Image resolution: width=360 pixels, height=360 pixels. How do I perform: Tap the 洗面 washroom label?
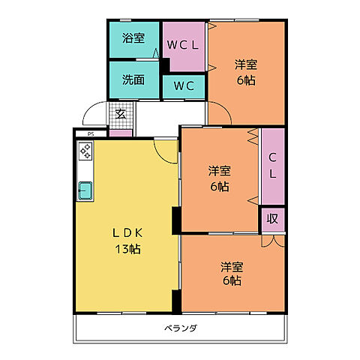(x=133, y=80)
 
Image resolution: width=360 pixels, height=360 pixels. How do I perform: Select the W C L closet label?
(x=184, y=45)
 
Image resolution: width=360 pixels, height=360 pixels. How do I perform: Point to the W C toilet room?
(x=184, y=85)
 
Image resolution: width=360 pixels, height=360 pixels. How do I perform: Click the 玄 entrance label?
(x=120, y=115)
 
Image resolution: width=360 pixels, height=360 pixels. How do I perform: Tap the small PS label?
(x=91, y=135)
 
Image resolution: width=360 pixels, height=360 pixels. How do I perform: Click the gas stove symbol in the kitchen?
(x=85, y=152)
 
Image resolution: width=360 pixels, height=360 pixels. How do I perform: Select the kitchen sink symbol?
(x=85, y=190)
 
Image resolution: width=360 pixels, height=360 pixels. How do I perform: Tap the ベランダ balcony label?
(x=181, y=328)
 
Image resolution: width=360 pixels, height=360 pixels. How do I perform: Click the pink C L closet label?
(x=273, y=166)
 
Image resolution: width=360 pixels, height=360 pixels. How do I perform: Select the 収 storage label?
(x=273, y=219)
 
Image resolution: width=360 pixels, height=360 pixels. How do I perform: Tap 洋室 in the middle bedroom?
(x=219, y=171)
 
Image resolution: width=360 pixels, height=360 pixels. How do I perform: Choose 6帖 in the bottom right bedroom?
(x=231, y=280)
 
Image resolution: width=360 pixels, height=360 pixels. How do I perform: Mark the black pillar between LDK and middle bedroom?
(x=175, y=219)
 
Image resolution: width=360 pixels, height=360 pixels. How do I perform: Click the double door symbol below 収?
(x=273, y=241)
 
